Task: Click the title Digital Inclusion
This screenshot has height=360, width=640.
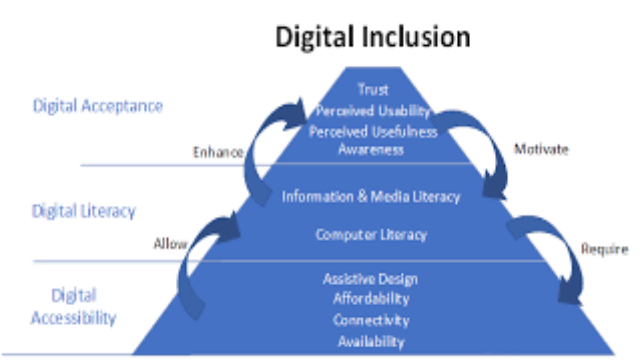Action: tap(373, 37)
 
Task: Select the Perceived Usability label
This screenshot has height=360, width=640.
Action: tap(373, 111)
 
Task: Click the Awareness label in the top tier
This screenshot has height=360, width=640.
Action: tap(371, 150)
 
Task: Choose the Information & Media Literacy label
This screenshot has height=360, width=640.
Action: tap(371, 197)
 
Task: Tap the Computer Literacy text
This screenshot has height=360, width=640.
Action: tap(371, 235)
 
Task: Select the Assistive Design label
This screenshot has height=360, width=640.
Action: tap(370, 279)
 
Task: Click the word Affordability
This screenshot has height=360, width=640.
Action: tap(371, 299)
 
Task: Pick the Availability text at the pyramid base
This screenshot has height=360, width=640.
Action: tap(371, 342)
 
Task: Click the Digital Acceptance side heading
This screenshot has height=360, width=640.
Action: tap(98, 106)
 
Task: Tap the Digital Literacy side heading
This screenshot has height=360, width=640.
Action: tap(84, 211)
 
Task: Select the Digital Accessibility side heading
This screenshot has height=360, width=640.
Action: tap(74, 307)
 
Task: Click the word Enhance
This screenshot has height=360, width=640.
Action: tap(218, 152)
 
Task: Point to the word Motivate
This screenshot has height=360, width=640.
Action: tap(541, 149)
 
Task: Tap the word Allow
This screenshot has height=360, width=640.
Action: tap(170, 244)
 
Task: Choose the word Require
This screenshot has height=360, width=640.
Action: tap(605, 249)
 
